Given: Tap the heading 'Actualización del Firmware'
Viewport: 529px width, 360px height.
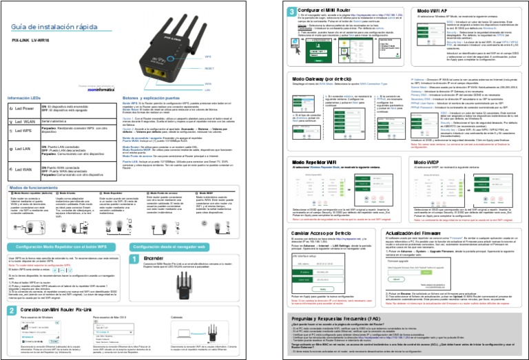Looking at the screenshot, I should click(x=440, y=233).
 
